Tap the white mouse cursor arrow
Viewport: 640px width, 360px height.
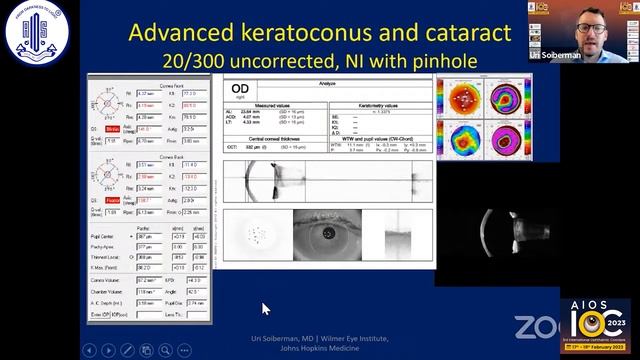pyautogui.click(x=265, y=309)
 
